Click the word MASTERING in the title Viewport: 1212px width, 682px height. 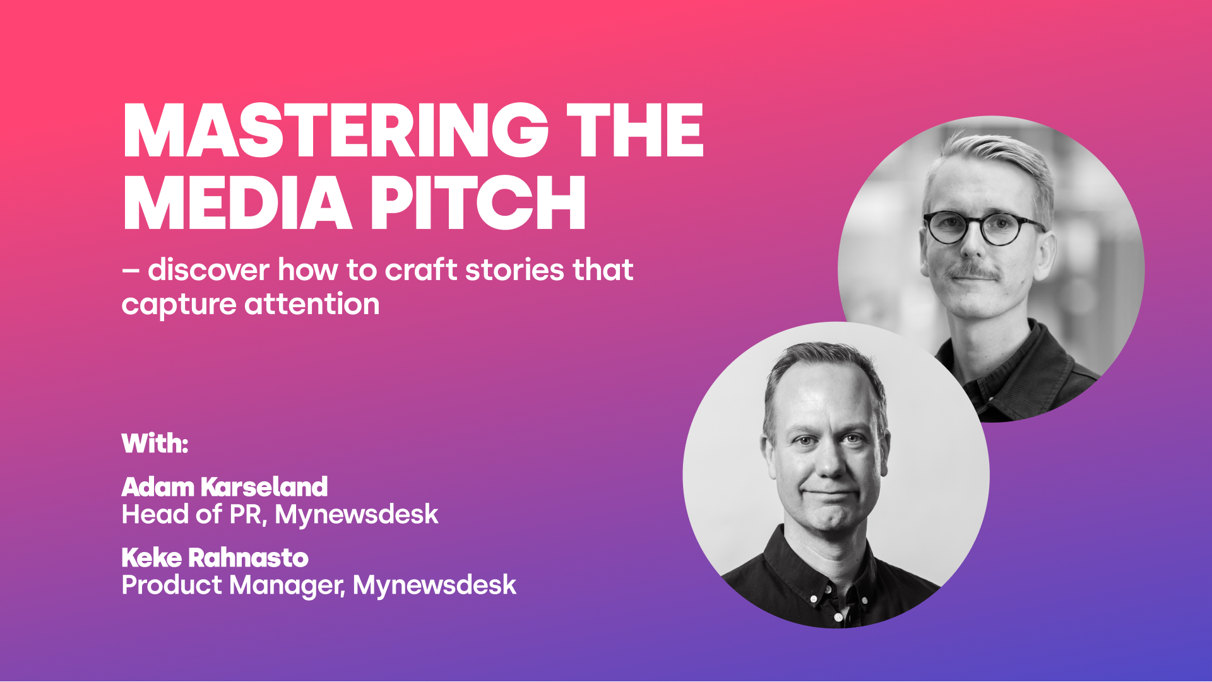[335, 130]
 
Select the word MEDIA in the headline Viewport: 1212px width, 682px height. [237, 203]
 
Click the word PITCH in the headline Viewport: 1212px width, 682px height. [478, 203]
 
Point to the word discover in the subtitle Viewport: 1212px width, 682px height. [209, 269]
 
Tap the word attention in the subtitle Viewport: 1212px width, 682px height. [312, 304]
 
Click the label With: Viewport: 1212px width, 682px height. [155, 443]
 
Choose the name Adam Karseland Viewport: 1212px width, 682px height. [225, 486]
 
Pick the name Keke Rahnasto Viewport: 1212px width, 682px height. [215, 557]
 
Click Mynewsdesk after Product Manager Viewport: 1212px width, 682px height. [434, 585]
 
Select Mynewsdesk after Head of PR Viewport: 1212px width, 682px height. [357, 514]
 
